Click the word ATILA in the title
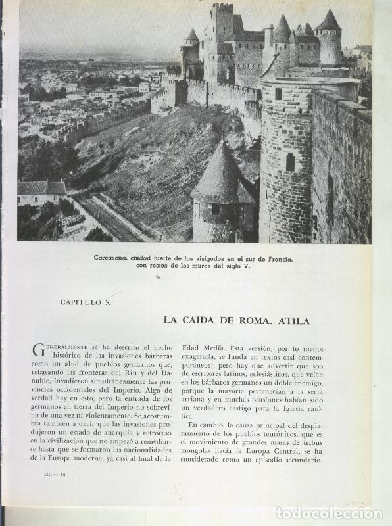[293, 321]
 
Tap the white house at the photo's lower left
[41, 194]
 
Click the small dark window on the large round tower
[290, 161]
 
